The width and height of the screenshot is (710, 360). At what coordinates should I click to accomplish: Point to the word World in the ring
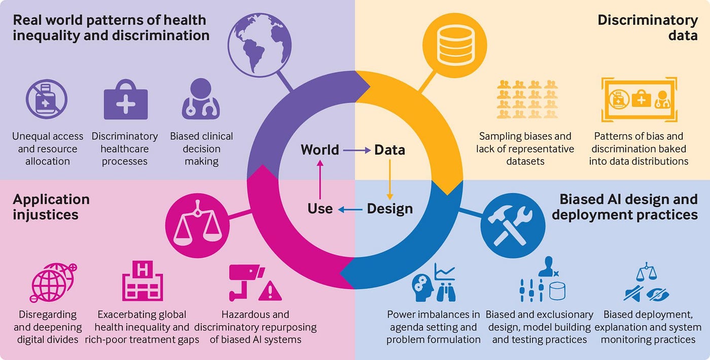319,150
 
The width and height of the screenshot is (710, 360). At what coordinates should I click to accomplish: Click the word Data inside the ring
389,150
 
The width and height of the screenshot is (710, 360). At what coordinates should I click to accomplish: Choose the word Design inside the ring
389,208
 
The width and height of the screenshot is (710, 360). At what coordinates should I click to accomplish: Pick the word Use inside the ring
320,208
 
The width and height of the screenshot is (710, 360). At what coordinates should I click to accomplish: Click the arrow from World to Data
357,150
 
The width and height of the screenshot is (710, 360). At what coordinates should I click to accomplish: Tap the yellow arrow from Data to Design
389,179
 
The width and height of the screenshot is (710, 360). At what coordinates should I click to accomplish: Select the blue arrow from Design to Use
350,209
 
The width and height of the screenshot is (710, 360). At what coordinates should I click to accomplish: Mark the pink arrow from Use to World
320,179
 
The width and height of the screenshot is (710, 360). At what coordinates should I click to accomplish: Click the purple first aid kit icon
126,101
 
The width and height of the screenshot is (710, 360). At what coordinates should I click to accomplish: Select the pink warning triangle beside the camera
270,291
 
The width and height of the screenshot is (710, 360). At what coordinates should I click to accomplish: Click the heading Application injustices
51,207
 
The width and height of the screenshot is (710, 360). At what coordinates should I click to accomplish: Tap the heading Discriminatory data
648,28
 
